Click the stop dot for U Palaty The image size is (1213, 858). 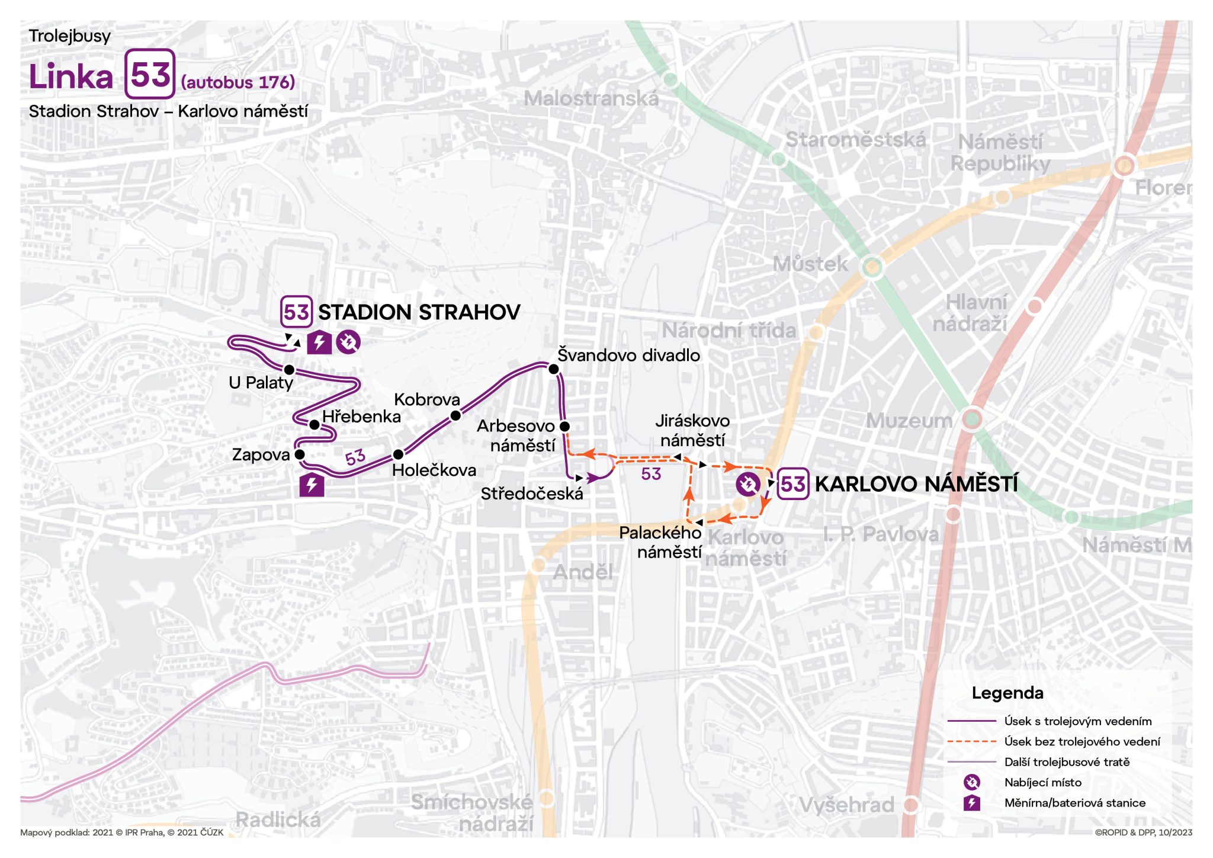[289, 370]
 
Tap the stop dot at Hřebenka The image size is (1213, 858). [315, 425]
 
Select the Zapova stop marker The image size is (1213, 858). [300, 454]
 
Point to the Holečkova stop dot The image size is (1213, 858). [398, 454]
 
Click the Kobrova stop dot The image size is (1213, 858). [455, 416]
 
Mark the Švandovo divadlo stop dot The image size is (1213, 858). [554, 369]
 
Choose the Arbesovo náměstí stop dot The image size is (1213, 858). [564, 426]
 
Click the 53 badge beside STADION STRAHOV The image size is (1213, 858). [296, 312]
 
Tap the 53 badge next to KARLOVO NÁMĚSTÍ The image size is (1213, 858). [792, 484]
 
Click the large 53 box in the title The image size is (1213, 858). [150, 74]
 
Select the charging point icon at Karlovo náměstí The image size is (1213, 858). [747, 484]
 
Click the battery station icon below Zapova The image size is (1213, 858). [312, 485]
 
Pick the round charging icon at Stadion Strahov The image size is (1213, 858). [348, 342]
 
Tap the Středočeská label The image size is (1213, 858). [531, 494]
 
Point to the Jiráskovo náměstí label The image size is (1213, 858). [692, 430]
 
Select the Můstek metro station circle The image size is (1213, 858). [872, 267]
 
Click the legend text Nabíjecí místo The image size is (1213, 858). [1042, 782]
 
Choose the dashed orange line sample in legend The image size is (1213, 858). [971, 741]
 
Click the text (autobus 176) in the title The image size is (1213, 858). [238, 82]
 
